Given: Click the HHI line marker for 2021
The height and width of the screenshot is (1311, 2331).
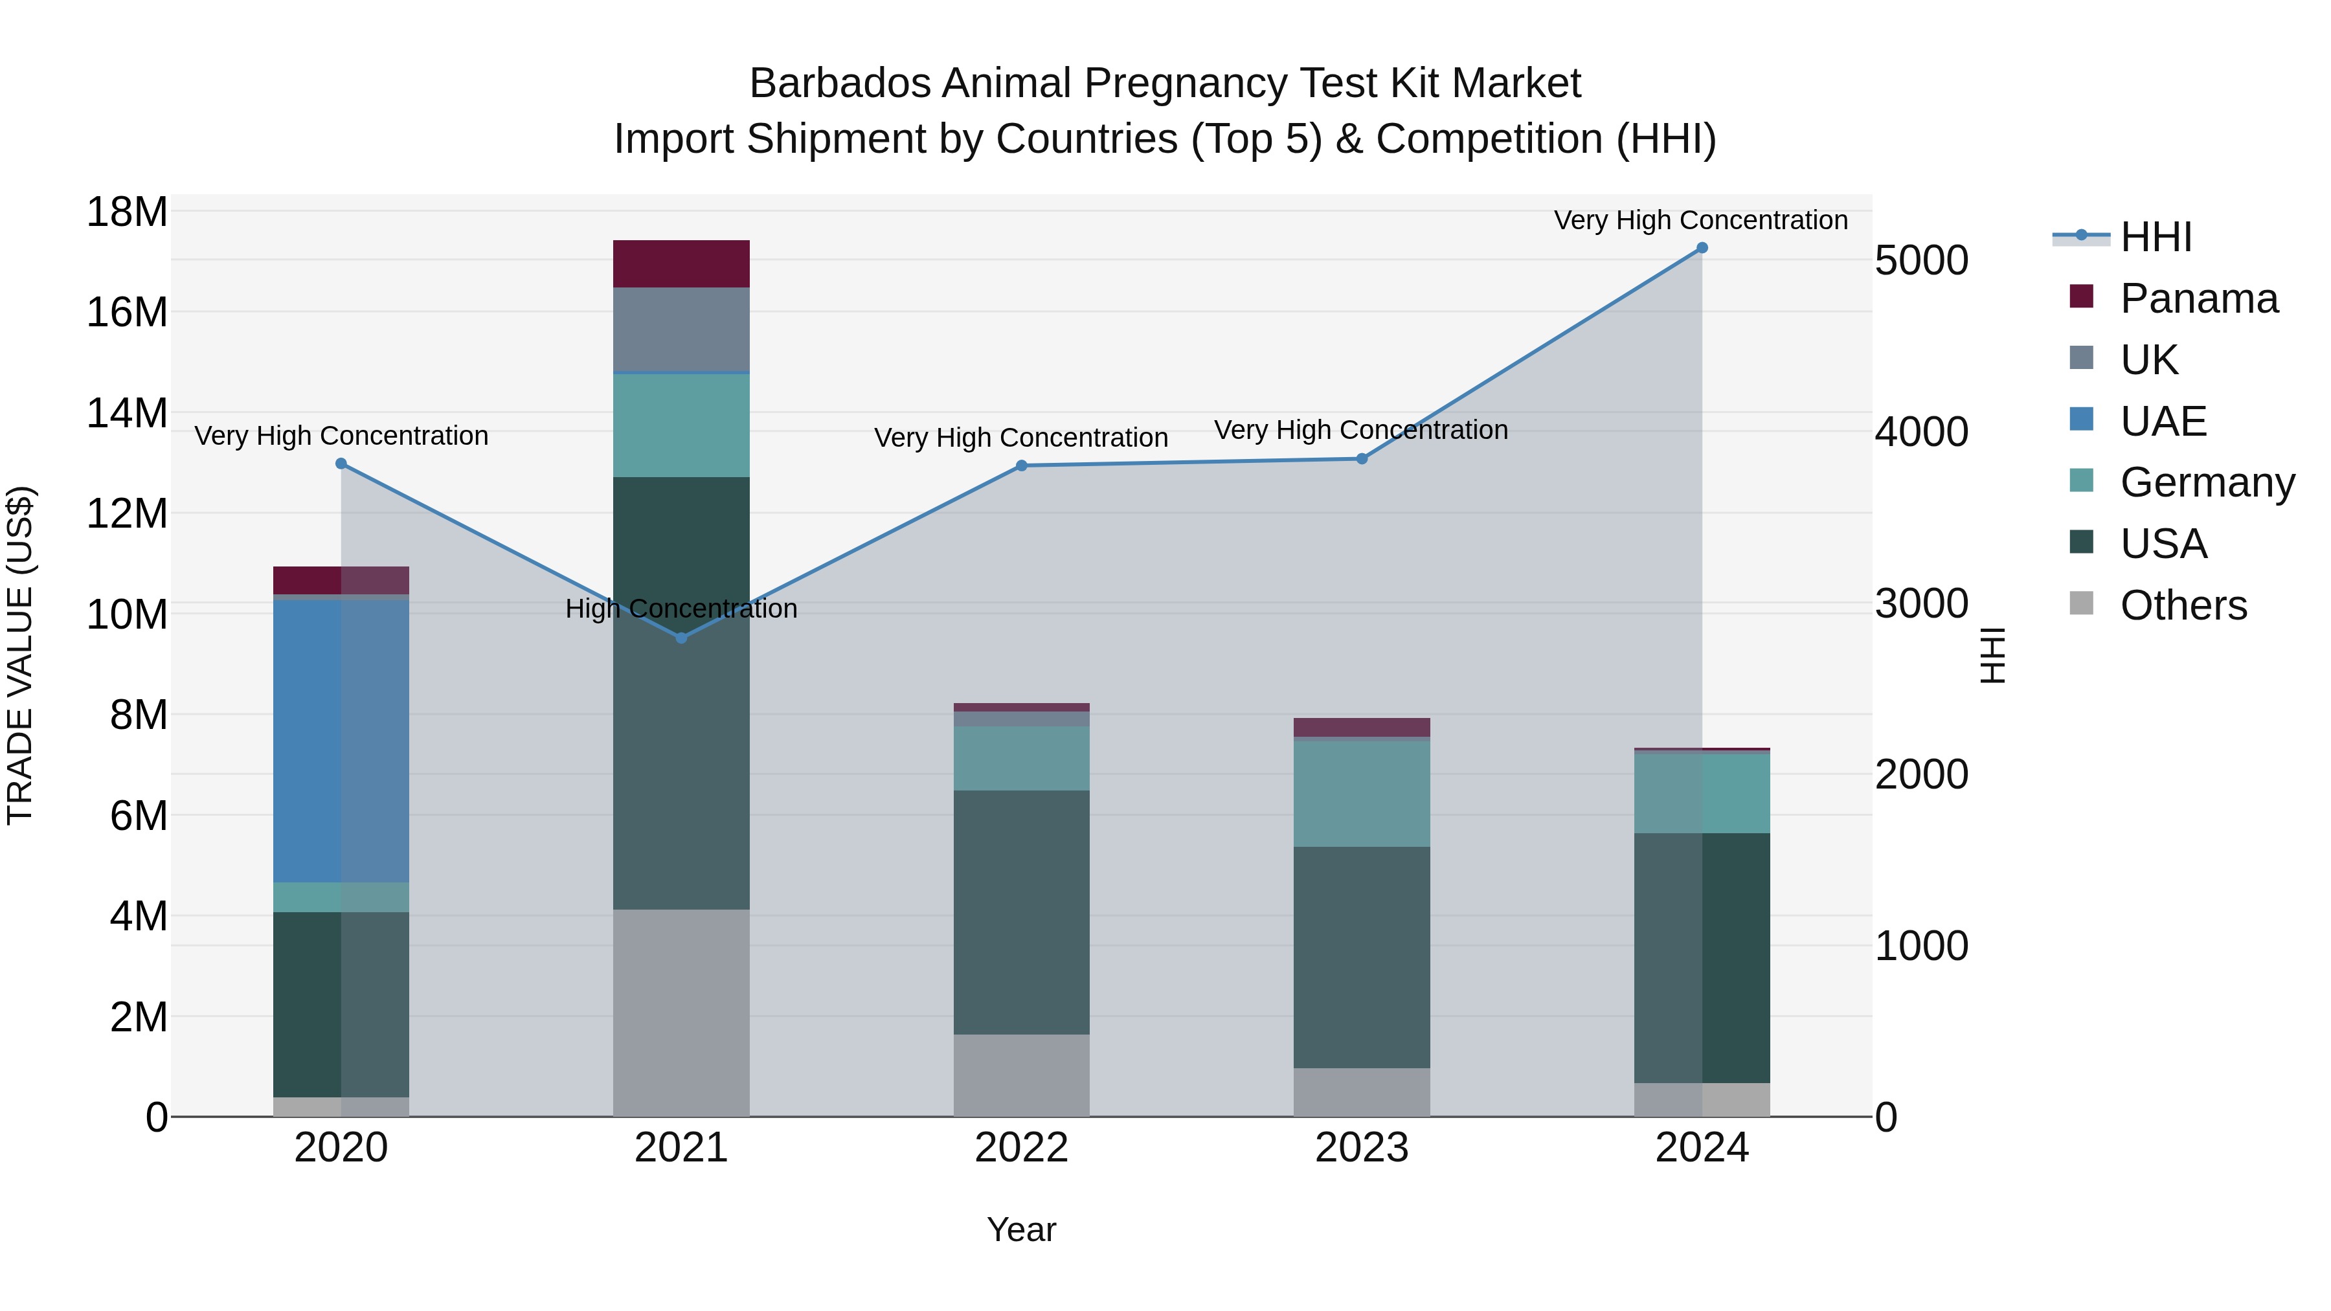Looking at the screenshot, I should coord(681,638).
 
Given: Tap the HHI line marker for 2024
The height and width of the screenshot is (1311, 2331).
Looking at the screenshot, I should coord(1701,248).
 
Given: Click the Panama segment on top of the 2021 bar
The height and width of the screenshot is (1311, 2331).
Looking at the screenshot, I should coord(681,264).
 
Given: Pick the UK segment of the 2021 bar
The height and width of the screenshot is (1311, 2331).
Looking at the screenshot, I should coord(681,330).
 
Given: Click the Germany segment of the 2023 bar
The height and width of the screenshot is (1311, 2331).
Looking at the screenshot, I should coord(1361,794).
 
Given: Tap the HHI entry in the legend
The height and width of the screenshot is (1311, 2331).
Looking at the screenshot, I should coord(2156,237).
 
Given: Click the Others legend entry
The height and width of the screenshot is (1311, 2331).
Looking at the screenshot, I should coord(2183,605).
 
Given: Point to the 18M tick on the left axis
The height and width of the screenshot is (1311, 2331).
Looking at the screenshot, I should coord(127,212).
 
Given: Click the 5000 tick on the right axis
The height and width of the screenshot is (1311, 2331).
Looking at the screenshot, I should coord(1921,260).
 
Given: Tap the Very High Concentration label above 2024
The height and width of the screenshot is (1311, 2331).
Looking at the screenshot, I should coord(1700,220).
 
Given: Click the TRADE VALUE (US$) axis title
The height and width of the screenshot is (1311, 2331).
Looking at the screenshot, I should coord(20,655).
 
